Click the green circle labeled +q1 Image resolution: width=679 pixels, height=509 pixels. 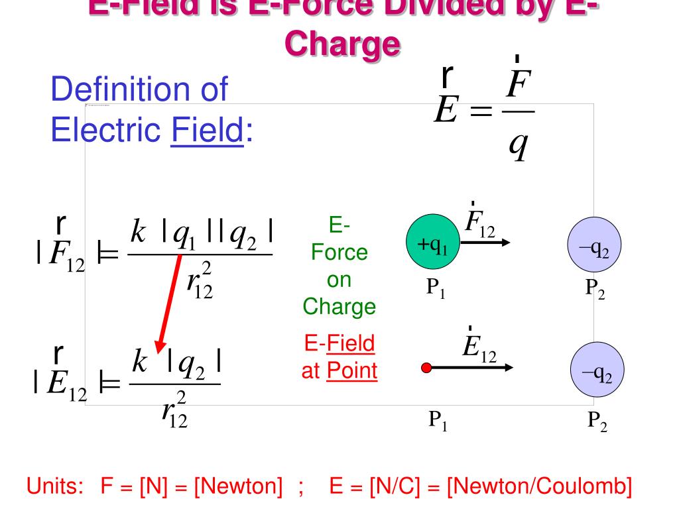click(432, 246)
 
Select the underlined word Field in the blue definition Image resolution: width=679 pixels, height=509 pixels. click(206, 131)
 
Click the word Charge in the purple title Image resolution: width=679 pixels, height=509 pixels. click(343, 44)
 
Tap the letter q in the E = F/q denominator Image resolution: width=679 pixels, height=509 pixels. click(517, 145)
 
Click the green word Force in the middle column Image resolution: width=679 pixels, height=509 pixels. click(339, 253)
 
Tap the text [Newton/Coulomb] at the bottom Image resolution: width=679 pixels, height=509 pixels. click(538, 487)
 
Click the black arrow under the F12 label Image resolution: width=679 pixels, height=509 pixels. click(485, 243)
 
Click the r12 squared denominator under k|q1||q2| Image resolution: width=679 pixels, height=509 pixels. click(199, 282)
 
